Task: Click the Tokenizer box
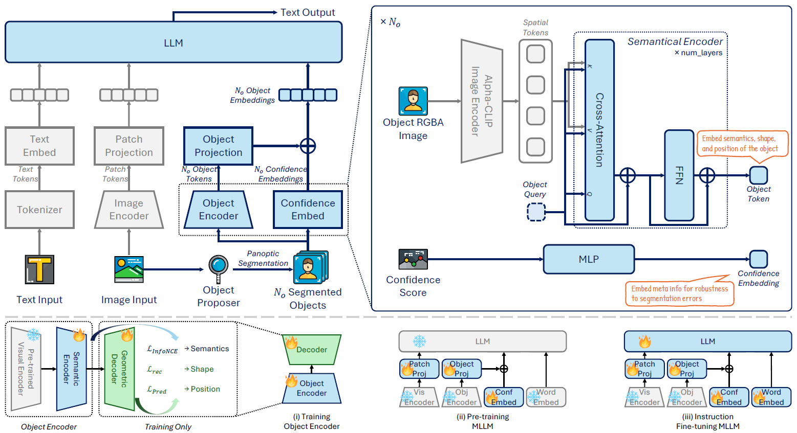[39, 210]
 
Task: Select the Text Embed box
[39, 146]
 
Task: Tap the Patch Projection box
[129, 146]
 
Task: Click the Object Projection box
[219, 146]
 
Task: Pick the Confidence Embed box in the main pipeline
[308, 210]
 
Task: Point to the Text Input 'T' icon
[39, 269]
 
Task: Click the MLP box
[589, 259]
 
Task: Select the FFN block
[679, 175]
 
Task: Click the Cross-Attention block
[599, 130]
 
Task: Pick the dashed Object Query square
[536, 212]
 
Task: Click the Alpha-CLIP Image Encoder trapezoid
[482, 101]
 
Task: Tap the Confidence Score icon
[413, 259]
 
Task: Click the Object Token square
[758, 175]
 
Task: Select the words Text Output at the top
[308, 12]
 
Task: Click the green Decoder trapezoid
[312, 349]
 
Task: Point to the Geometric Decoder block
[120, 369]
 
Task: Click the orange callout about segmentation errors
[679, 293]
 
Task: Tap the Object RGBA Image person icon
[413, 101]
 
